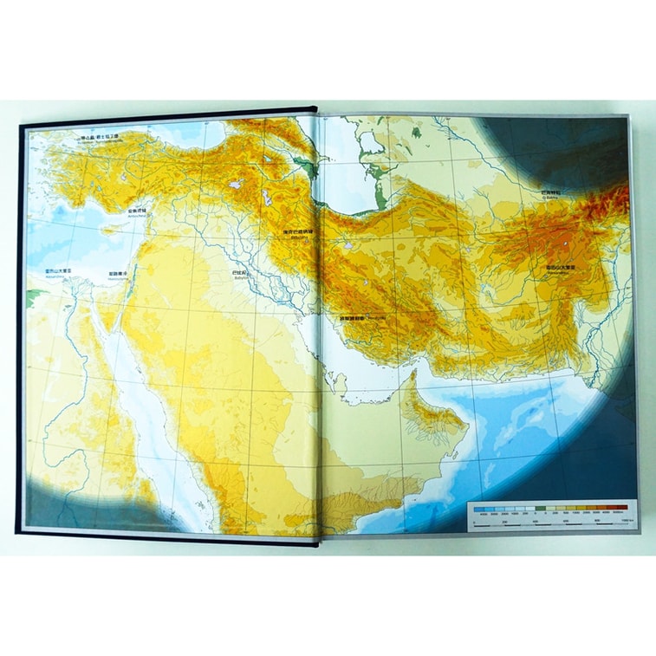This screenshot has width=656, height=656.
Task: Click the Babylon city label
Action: pos(241,272)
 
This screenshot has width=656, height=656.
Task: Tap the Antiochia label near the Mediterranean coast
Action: pos(138,210)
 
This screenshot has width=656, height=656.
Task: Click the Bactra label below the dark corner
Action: pos(552,193)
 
